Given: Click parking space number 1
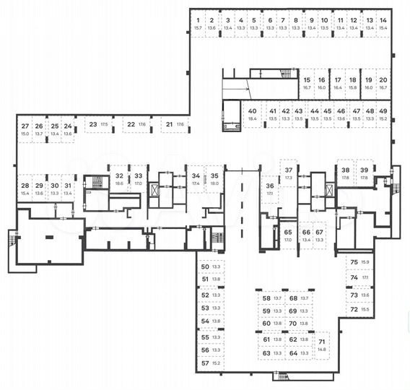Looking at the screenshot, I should tap(198, 23).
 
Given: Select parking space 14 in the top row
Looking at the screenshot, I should tap(383, 23).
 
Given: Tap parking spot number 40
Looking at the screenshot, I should tap(252, 114).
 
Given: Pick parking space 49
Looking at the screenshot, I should tap(383, 114).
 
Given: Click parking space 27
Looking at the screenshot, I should tap(25, 129).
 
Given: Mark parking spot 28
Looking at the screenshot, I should tap(25, 189).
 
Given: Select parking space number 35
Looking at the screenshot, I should tap(214, 179).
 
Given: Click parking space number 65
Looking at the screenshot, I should tap(287, 235).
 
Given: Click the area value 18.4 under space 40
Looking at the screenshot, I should tap(252, 119).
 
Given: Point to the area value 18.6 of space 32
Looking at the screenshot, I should tap(119, 183).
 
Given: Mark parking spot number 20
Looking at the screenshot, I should tap(383, 82).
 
